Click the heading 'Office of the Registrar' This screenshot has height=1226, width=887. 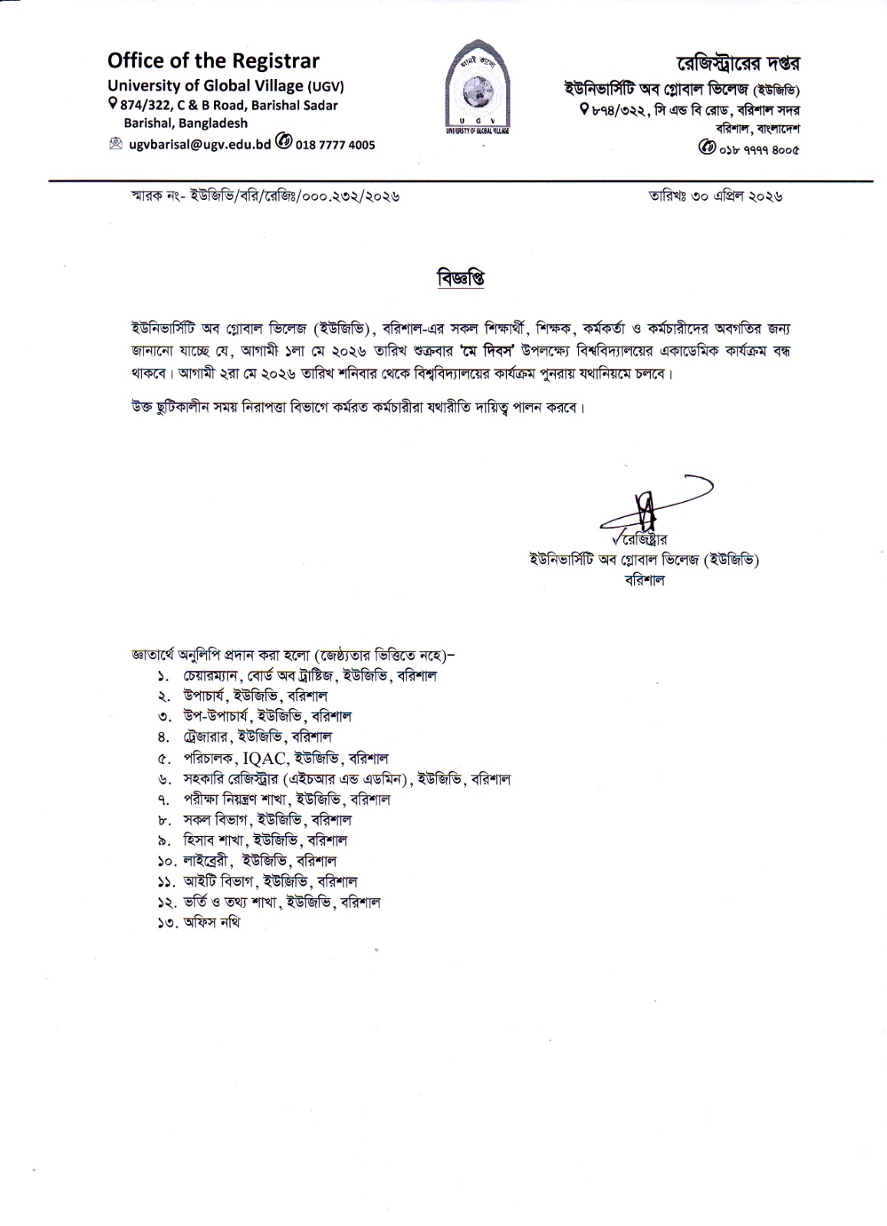[213, 61]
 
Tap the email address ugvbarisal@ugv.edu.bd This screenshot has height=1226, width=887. [200, 143]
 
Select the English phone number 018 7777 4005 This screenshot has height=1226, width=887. [336, 143]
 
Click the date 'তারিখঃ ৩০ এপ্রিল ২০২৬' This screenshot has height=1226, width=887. [715, 196]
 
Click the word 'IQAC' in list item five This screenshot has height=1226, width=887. [265, 759]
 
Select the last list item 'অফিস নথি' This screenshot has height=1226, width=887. [212, 923]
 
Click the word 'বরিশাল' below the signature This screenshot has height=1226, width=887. [645, 580]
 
